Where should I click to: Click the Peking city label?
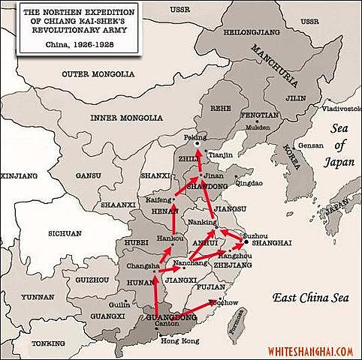pyautogui.click(x=195, y=139)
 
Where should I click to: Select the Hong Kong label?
pyautogui.click(x=176, y=341)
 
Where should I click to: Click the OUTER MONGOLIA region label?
pyautogui.click(x=98, y=73)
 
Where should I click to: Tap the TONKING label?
pyautogui.click(x=49, y=343)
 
